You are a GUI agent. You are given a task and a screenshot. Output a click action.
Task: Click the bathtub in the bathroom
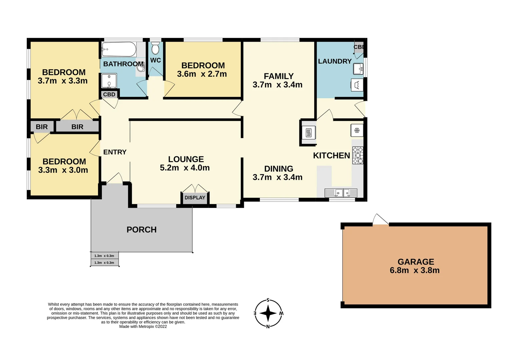pyautogui.click(x=119, y=49)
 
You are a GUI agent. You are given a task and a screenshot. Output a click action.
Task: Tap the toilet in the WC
pyautogui.click(x=155, y=49)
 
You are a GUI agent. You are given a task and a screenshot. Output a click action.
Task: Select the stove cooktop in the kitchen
pyautogui.click(x=358, y=155)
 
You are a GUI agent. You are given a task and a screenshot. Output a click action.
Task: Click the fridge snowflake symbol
pyautogui.click(x=357, y=130)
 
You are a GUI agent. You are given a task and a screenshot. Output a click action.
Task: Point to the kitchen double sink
pyautogui.click(x=341, y=193)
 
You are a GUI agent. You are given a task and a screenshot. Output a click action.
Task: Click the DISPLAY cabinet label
pyautogui.click(x=195, y=198)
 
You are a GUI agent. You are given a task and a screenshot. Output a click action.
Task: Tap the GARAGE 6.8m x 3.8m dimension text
pyautogui.click(x=415, y=270)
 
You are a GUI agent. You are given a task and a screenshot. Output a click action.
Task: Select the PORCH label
pyautogui.click(x=141, y=230)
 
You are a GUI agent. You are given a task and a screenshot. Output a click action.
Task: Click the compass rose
pyautogui.click(x=268, y=313)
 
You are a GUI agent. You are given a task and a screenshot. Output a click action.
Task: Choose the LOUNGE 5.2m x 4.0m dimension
pyautogui.click(x=185, y=168)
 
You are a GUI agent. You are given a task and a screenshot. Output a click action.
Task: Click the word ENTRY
pyautogui.click(x=115, y=152)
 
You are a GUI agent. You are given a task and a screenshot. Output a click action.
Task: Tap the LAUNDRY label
pyautogui.click(x=335, y=61)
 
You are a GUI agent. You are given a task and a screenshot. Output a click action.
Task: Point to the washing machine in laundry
pyautogui.click(x=357, y=85)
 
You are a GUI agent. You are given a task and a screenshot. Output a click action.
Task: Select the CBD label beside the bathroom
pyautogui.click(x=109, y=94)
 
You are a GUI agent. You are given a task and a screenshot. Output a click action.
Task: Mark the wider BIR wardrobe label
pyautogui.click(x=77, y=127)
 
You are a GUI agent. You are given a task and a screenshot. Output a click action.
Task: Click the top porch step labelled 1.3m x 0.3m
pyautogui.click(x=104, y=256)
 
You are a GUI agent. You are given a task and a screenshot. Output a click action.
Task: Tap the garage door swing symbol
pyautogui.click(x=380, y=219)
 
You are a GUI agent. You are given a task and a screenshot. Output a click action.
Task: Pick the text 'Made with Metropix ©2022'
pyautogui.click(x=143, y=327)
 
